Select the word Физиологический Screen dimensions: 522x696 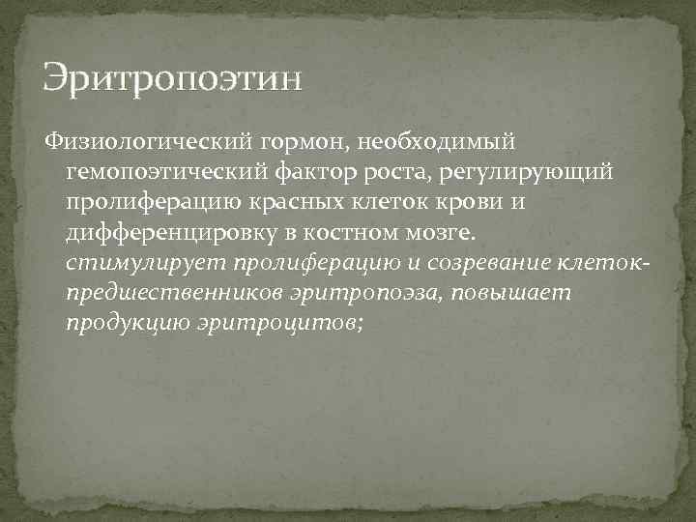(x=147, y=143)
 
